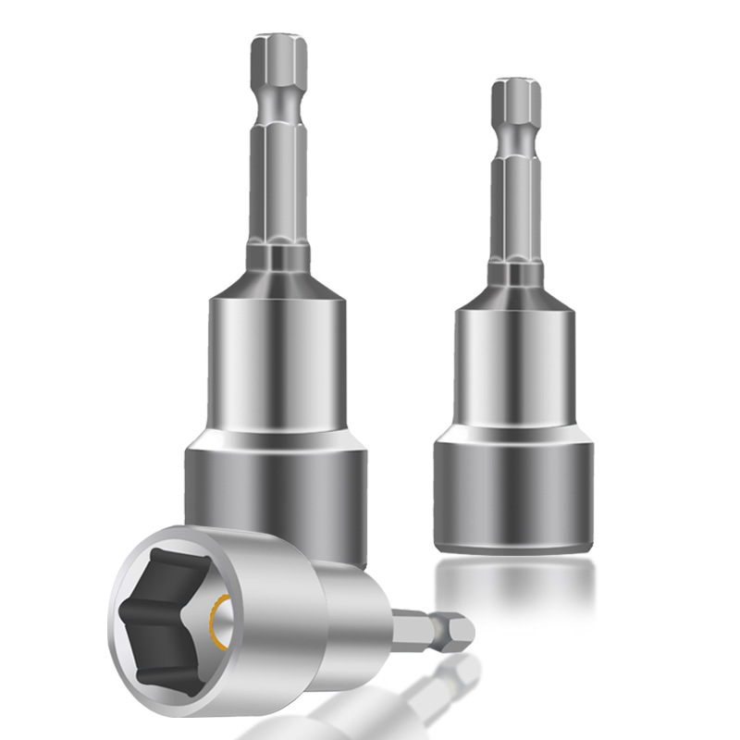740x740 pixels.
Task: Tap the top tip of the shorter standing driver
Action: tap(515, 86)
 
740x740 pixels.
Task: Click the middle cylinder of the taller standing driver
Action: tap(276, 370)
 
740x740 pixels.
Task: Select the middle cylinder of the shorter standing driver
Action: tap(515, 370)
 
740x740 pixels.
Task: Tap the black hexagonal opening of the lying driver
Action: tap(171, 610)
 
